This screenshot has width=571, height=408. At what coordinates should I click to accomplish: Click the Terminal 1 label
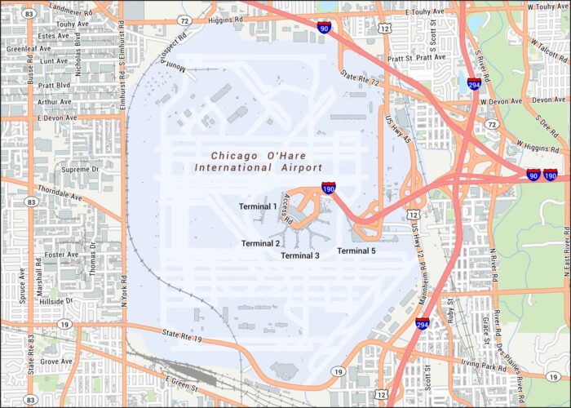[x=258, y=206]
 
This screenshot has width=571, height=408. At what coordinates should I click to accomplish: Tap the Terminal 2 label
[x=260, y=243]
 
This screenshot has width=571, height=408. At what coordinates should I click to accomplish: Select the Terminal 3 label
[x=299, y=255]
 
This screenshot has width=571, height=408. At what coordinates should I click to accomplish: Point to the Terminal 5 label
[x=356, y=251]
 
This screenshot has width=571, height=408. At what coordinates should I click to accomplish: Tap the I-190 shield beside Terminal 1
[x=328, y=188]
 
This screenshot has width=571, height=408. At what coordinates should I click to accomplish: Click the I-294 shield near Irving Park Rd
[x=423, y=325]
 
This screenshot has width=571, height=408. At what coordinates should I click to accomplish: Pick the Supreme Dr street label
[x=80, y=169]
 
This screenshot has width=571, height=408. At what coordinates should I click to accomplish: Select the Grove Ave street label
[x=56, y=361]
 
